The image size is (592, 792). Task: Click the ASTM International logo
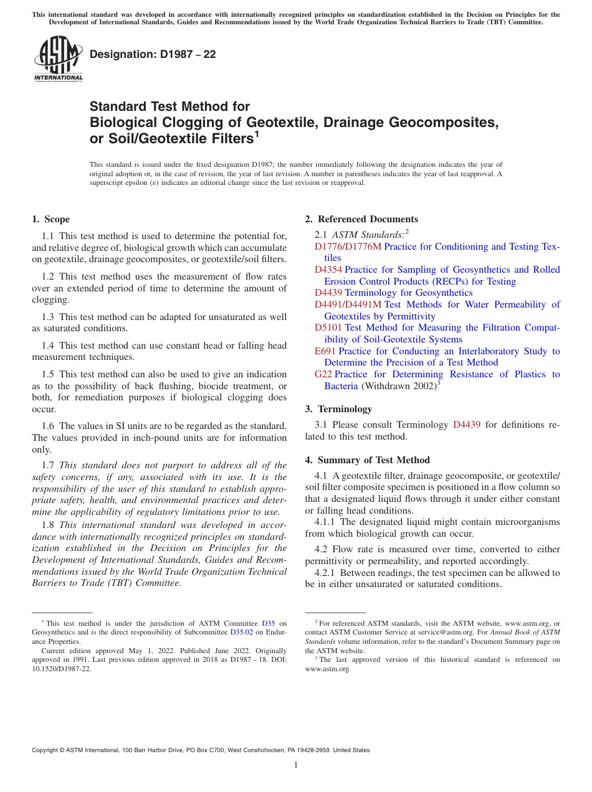click(x=58, y=59)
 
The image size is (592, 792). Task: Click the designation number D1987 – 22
click(x=153, y=54)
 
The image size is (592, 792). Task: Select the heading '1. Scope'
click(x=50, y=219)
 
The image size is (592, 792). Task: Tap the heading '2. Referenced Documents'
click(x=361, y=219)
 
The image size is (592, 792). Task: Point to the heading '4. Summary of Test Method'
click(x=367, y=460)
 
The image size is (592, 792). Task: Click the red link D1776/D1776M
click(x=348, y=247)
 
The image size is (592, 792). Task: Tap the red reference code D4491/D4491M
click(x=348, y=304)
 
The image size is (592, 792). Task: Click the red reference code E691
click(x=325, y=351)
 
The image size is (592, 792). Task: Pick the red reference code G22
click(x=323, y=374)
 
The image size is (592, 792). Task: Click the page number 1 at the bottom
click(x=296, y=765)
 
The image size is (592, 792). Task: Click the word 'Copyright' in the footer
click(x=46, y=750)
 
